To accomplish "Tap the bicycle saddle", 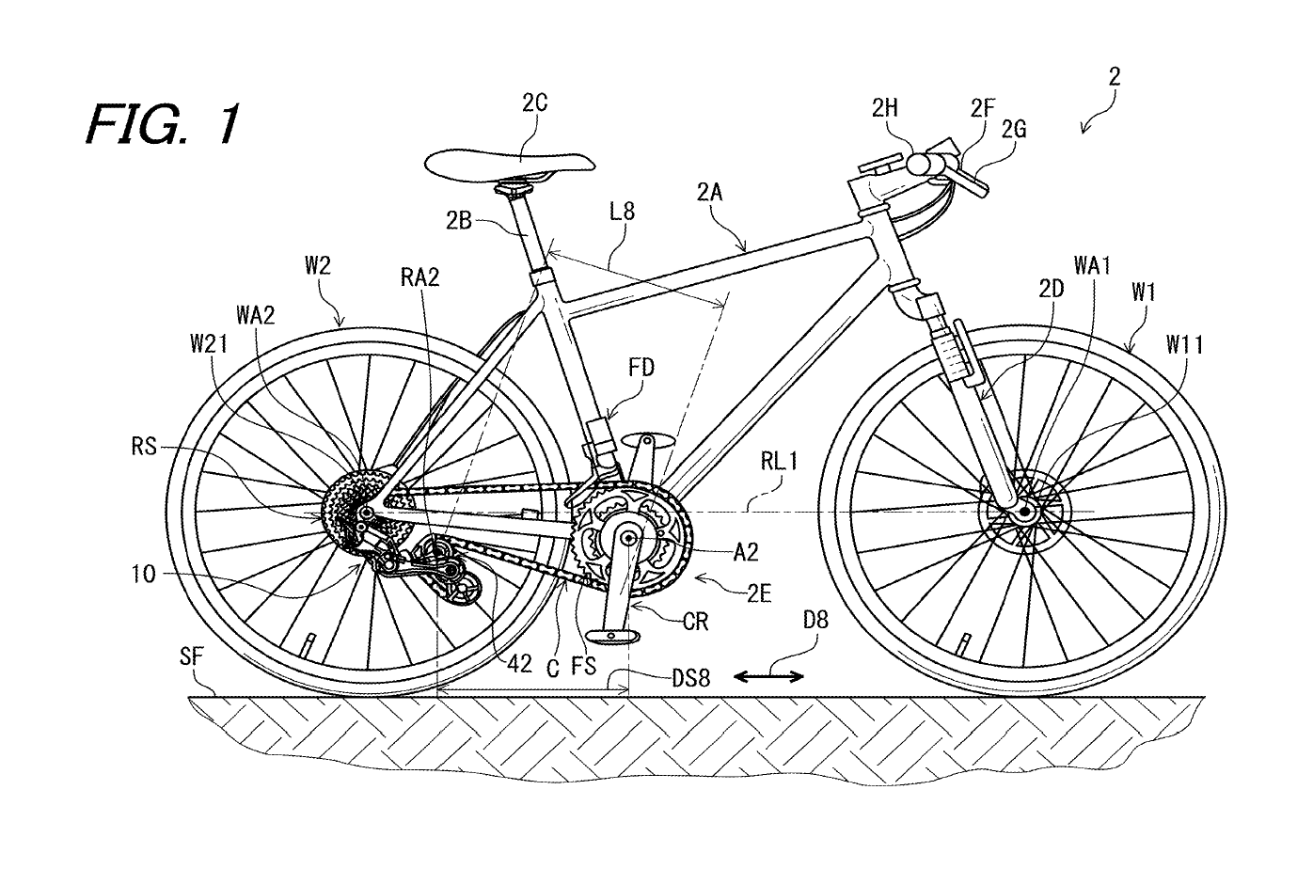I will [509, 163].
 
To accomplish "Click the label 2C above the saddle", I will [534, 103].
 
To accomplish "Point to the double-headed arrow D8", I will [768, 674].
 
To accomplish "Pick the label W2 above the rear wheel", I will [317, 266].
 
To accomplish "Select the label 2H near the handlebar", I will [884, 108].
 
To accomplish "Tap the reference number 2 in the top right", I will [1114, 77].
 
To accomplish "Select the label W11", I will [1184, 346].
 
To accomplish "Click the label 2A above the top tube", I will [710, 194].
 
